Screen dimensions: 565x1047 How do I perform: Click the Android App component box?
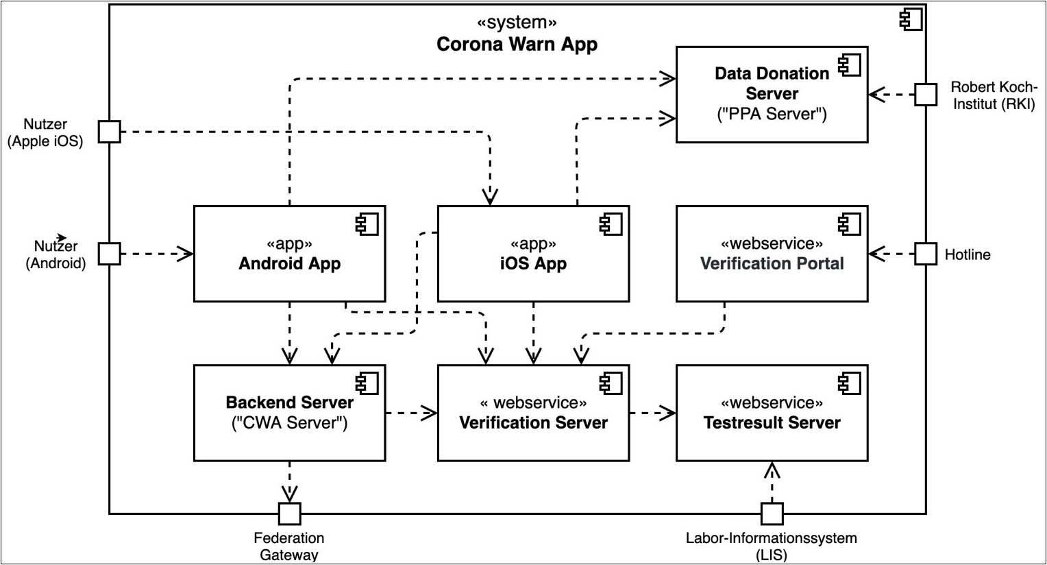289,254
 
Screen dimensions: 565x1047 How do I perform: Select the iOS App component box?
533,254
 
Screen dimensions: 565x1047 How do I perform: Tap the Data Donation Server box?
772,94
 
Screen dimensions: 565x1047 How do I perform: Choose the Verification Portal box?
772,254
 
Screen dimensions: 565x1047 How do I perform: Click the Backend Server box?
289,413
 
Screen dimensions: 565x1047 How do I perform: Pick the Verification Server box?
533,413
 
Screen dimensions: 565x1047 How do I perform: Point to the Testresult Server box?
772,413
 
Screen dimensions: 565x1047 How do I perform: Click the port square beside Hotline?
926,254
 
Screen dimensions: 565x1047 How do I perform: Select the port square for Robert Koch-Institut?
926,95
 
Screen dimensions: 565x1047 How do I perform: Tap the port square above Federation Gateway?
289,513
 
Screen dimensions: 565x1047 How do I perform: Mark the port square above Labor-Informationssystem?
772,513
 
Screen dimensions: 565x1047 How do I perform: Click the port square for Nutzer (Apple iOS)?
109,131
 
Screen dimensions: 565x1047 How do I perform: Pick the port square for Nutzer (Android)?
109,254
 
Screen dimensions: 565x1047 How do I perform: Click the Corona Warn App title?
517,45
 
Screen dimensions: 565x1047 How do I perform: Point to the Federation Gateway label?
289,546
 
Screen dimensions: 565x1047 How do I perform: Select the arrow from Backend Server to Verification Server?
411,413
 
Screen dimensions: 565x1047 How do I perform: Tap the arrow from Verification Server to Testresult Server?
652,413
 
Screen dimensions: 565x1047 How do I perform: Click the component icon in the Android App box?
367,224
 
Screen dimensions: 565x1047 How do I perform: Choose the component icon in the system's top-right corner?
911,21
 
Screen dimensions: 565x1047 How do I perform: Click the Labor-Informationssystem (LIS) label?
772,546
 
